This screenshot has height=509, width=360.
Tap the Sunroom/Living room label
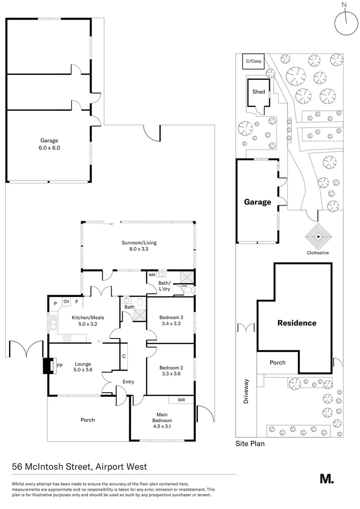point(139,246)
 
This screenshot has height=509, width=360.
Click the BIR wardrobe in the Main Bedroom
point(181,400)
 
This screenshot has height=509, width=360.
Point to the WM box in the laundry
point(152,274)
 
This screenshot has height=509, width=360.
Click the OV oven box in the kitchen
point(66,302)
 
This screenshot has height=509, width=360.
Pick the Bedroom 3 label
point(171,317)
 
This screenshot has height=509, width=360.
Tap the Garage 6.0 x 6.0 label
point(49,144)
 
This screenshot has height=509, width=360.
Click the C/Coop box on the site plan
point(252,61)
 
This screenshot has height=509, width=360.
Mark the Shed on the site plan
point(259,92)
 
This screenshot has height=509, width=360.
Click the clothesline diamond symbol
point(318,236)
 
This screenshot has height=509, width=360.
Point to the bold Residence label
point(296,323)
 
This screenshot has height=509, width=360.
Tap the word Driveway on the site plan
point(245,391)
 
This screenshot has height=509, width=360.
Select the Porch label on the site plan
point(277,363)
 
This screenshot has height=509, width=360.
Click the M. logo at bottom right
point(327,479)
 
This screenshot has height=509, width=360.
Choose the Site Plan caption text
point(250,443)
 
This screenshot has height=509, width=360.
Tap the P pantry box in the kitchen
point(55,303)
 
